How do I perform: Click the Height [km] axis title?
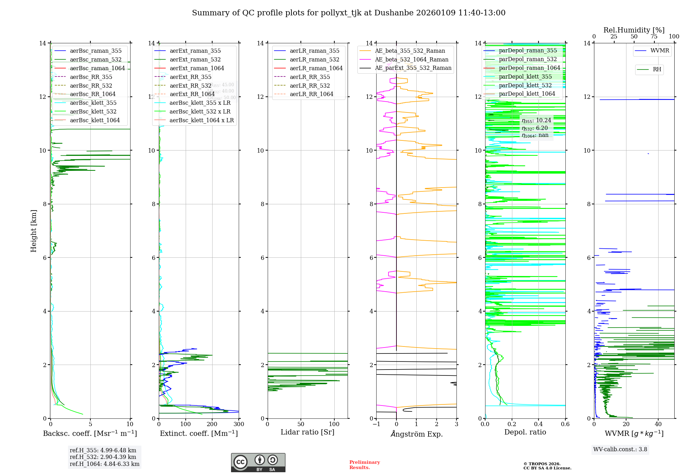(34, 231)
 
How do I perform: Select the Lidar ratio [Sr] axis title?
(307, 432)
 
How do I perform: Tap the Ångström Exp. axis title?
(416, 434)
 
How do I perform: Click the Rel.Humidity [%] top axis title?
(634, 30)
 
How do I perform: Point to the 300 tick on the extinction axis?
(239, 424)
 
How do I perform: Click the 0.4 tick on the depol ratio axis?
(539, 424)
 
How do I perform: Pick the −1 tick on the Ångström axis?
(376, 424)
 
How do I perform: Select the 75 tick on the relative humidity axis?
(654, 37)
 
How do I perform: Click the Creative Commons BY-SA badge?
(258, 463)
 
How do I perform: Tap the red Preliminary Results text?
(364, 465)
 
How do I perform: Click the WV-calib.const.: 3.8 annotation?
(620, 450)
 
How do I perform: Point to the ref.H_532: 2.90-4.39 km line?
(103, 457)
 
